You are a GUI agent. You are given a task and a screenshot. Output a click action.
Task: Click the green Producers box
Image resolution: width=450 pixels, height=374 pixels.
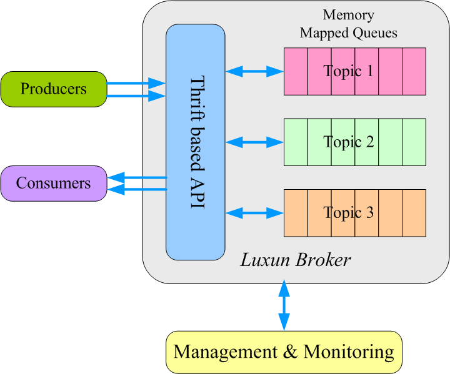[53, 89]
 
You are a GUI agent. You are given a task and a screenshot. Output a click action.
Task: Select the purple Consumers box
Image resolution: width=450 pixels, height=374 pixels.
[53, 184]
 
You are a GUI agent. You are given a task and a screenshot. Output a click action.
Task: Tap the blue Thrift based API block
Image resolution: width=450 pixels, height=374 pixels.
[195, 142]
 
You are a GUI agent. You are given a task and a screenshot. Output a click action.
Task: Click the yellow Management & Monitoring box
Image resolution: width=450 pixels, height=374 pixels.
[284, 352]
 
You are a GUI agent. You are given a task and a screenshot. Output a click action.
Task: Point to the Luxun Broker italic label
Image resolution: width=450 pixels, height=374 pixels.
[296, 260]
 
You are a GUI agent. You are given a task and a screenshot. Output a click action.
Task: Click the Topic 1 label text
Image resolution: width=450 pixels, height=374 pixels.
[349, 71]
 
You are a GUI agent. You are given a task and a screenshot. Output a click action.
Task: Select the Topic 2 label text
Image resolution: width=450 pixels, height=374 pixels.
[349, 142]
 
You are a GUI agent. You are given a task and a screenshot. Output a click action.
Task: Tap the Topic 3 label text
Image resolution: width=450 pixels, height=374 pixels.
[349, 214]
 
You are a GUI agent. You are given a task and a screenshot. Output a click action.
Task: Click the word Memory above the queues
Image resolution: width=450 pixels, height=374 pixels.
[348, 15]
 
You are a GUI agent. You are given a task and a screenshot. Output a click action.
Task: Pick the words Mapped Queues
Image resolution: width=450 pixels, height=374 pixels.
[348, 33]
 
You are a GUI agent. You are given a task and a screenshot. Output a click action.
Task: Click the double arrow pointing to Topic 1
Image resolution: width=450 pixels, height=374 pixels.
[254, 72]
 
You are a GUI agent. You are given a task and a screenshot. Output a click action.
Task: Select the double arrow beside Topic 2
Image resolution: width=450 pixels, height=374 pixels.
[254, 143]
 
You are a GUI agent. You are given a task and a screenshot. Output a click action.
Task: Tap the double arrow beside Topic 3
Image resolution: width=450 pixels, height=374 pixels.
[254, 214]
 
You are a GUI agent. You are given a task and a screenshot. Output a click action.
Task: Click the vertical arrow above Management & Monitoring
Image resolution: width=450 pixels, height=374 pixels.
[284, 306]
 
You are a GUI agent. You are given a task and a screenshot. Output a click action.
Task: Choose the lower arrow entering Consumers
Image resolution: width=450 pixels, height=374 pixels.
[138, 188]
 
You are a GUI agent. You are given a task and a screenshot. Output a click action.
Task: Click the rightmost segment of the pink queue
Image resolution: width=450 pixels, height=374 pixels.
[414, 71]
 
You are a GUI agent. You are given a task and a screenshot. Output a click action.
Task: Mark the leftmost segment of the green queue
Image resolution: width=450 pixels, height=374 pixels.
[296, 142]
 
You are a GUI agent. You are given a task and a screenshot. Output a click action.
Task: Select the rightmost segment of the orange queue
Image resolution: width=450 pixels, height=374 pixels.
[414, 214]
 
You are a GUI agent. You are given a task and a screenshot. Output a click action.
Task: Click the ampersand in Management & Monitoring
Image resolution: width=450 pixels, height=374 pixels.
[291, 352]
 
